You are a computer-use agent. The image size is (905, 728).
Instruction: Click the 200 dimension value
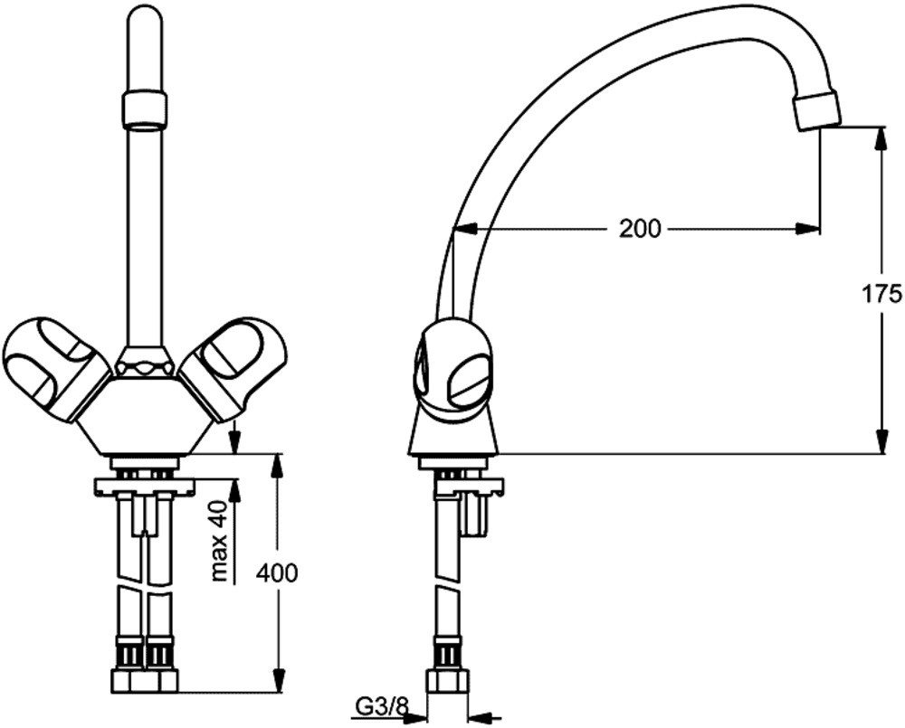pos(640,229)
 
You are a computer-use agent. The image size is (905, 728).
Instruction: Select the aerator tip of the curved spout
pos(815,110)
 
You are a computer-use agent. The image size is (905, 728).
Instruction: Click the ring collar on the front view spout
pos(146,108)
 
